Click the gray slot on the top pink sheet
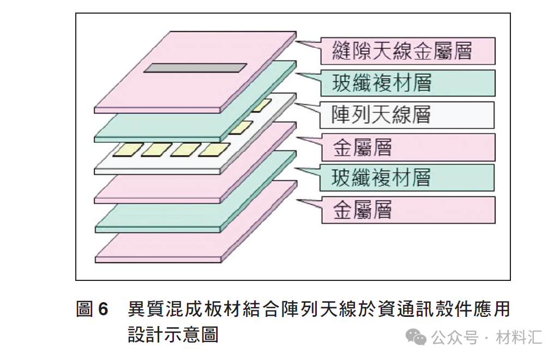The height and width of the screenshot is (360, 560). (x=194, y=68)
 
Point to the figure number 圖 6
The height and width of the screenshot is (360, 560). (x=92, y=309)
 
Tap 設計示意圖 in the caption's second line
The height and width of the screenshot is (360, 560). (x=173, y=334)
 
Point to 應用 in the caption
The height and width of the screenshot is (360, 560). (x=494, y=309)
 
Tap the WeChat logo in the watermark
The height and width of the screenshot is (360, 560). (x=418, y=338)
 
